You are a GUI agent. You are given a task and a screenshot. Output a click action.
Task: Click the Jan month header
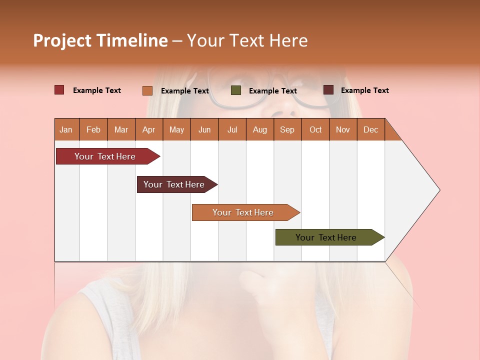click(66, 129)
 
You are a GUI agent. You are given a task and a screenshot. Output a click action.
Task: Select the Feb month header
click(93, 129)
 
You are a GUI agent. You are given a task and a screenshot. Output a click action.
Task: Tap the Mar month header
click(121, 129)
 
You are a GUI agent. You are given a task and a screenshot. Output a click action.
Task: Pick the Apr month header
click(148, 129)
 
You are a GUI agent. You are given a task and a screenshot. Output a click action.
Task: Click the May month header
click(176, 129)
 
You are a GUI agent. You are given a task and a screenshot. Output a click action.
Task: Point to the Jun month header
click(204, 129)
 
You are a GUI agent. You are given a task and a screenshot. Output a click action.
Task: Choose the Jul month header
click(232, 129)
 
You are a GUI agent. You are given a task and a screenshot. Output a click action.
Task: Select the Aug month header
click(259, 129)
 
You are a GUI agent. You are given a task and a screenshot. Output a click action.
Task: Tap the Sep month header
click(287, 129)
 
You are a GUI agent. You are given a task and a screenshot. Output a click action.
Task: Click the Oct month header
click(315, 129)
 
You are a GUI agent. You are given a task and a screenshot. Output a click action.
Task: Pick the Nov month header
click(343, 129)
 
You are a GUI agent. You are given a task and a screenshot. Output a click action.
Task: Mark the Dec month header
click(370, 129)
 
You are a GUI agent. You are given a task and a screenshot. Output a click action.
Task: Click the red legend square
click(59, 90)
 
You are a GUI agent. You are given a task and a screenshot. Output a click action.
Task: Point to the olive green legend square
click(236, 90)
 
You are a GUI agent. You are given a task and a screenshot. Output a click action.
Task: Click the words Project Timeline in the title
click(100, 40)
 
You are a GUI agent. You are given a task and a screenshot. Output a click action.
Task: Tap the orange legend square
click(147, 90)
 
